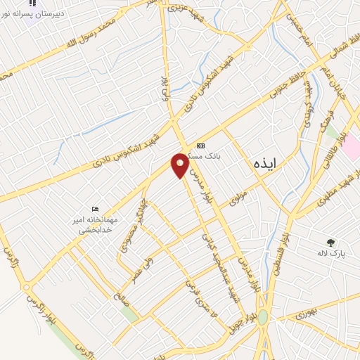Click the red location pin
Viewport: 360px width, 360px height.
180,165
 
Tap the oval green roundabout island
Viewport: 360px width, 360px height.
262,316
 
